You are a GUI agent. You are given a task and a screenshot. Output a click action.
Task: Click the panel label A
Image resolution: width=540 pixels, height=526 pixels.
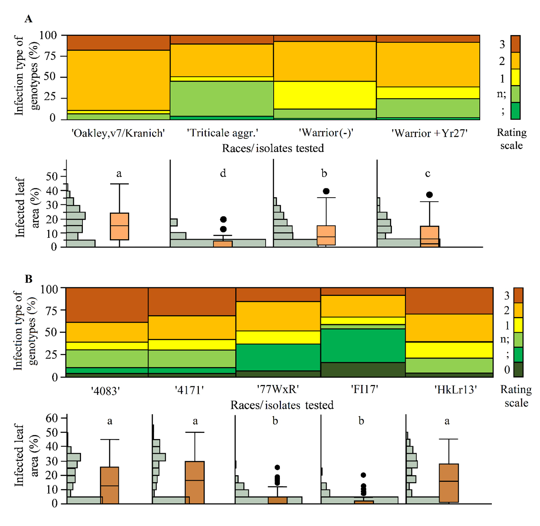[x=29, y=18]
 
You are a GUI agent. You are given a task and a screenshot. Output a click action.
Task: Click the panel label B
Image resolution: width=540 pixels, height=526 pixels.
[x=29, y=279]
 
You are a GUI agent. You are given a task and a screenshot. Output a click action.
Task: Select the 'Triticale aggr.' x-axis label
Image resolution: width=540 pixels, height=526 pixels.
[x=222, y=133]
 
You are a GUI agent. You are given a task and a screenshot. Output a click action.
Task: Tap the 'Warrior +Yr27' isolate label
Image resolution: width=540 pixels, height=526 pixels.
[x=429, y=133]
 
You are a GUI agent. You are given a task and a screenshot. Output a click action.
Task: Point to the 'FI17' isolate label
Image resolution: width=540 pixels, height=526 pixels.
[x=364, y=390]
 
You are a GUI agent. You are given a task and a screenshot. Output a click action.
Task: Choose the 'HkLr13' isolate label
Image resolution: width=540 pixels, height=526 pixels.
[x=456, y=390]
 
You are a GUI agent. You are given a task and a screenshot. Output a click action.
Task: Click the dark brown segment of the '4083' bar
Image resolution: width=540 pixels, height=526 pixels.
[x=107, y=305]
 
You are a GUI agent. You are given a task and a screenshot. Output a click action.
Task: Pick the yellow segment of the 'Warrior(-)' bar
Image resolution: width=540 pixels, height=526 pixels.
[x=325, y=95]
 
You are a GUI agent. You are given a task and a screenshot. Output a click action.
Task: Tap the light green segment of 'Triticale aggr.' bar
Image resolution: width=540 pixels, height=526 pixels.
[x=222, y=99]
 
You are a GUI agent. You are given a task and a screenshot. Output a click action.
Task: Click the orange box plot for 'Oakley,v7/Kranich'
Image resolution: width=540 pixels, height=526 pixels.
[x=119, y=226]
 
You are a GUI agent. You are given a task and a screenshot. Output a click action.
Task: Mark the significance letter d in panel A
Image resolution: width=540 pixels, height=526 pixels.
[x=223, y=173]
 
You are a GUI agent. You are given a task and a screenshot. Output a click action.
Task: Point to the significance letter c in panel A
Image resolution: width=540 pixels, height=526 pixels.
[x=427, y=173]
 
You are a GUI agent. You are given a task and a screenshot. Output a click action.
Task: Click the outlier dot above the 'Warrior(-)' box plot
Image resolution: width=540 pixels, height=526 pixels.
[x=326, y=191]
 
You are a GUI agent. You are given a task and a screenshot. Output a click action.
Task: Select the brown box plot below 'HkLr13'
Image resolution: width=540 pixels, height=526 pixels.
[x=449, y=483]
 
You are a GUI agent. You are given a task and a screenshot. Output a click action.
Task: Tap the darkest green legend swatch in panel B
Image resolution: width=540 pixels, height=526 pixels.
[x=518, y=369]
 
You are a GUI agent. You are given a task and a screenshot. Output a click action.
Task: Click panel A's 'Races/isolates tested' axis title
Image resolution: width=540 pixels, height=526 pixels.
[x=273, y=148]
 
